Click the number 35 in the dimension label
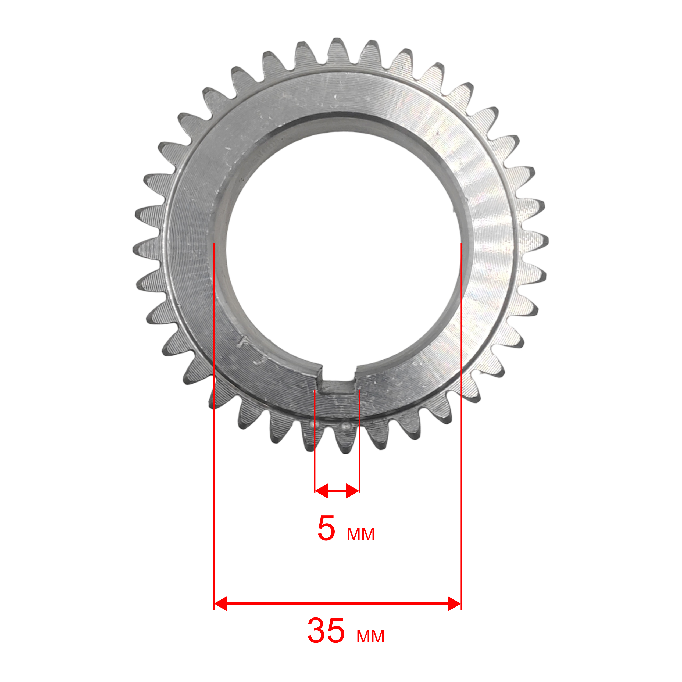coord(326,631)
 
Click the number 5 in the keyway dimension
coord(326,529)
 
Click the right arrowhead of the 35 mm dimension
coord(454,604)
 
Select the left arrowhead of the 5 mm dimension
coord(321,491)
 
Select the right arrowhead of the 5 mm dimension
coord(353,491)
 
